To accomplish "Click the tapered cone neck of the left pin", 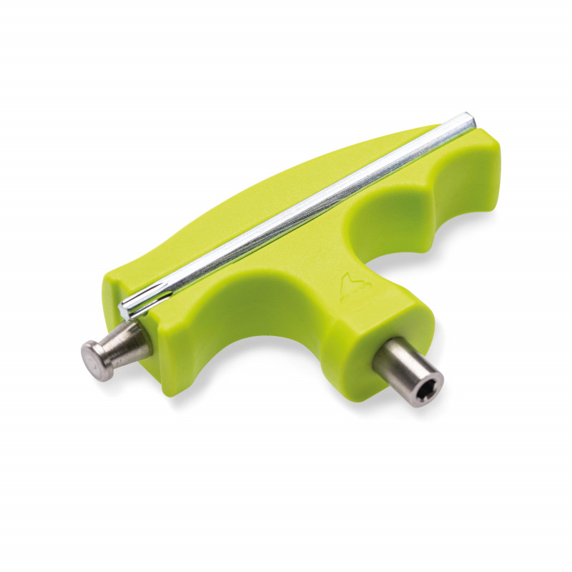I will [x=129, y=342].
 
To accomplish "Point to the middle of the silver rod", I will [x=300, y=214].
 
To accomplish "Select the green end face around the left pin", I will [x=154, y=357].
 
